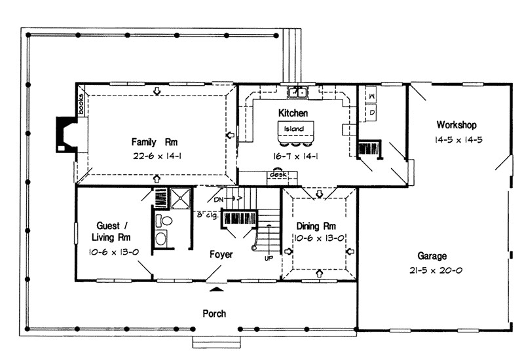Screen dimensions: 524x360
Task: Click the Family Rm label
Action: pyautogui.click(x=154, y=142)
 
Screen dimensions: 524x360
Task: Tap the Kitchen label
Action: pyautogui.click(x=293, y=113)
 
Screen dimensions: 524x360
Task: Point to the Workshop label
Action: pyautogui.click(x=457, y=125)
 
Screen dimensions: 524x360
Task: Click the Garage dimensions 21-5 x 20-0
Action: pyautogui.click(x=436, y=270)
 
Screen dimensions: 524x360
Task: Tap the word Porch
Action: pyautogui.click(x=214, y=314)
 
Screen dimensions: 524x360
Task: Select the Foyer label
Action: pyautogui.click(x=221, y=255)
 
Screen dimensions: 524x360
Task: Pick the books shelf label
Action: pyautogui.click(x=81, y=104)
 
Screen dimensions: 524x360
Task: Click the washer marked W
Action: pyautogui.click(x=371, y=96)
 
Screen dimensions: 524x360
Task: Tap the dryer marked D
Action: pyautogui.click(x=371, y=113)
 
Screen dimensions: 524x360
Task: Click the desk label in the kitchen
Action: pyautogui.click(x=278, y=175)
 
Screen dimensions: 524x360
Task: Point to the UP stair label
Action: pyautogui.click(x=269, y=258)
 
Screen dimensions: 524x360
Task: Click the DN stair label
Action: pyautogui.click(x=219, y=200)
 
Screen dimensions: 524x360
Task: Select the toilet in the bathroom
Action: pyautogui.click(x=163, y=221)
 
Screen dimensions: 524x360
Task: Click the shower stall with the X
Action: pyautogui.click(x=180, y=198)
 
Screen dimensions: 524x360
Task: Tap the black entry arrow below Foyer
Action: pyautogui.click(x=217, y=289)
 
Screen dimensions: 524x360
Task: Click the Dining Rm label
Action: pyautogui.click(x=316, y=226)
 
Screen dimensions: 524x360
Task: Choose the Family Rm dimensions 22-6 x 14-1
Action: pyautogui.click(x=157, y=156)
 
